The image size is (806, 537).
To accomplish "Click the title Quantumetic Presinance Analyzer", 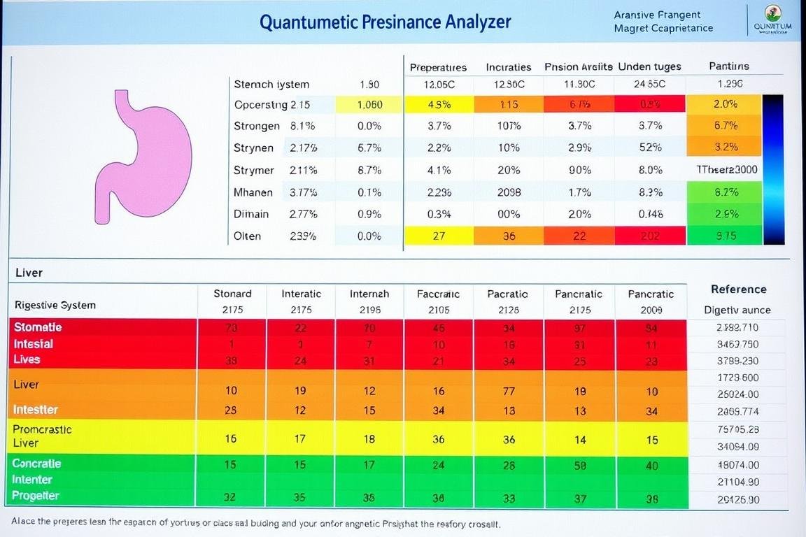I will (x=386, y=22).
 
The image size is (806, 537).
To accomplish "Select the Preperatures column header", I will (x=438, y=67).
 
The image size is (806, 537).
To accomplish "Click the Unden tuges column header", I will (x=650, y=67).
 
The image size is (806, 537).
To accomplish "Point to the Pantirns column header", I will (x=728, y=66).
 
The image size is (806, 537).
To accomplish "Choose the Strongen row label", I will (x=257, y=127).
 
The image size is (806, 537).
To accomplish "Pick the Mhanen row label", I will (x=253, y=192).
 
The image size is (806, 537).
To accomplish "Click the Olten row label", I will (x=247, y=236).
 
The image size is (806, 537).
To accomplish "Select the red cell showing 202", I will (x=650, y=236).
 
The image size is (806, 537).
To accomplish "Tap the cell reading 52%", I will (x=650, y=148).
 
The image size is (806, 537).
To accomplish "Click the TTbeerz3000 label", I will (x=727, y=170).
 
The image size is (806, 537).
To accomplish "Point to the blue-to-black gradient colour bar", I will (x=773, y=170).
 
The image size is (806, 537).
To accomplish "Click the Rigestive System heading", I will (x=55, y=305).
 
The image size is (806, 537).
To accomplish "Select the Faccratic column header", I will (x=439, y=294).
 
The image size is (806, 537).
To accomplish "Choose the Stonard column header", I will (x=232, y=294).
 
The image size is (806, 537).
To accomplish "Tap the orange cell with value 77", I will (x=509, y=392).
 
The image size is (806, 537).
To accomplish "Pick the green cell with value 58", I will (x=580, y=464).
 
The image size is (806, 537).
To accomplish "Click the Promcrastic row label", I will (x=43, y=429).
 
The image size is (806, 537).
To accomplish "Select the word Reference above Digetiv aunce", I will (x=738, y=289).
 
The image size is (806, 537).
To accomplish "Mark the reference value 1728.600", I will (x=738, y=378).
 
